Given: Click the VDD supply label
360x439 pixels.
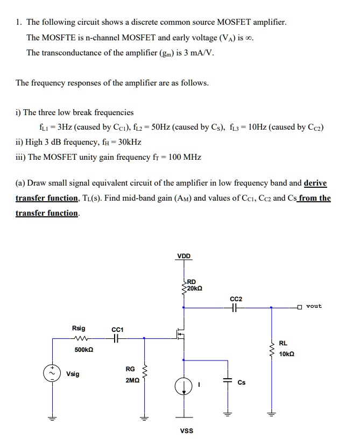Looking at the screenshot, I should (183, 256).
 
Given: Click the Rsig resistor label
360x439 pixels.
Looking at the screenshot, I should (79, 328).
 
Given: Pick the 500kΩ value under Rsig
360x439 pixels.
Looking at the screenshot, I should (83, 350).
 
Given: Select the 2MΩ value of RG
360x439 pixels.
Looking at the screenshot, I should (130, 379).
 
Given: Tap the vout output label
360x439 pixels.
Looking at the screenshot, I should (314, 306).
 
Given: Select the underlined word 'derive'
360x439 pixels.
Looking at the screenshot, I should (315, 183).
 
